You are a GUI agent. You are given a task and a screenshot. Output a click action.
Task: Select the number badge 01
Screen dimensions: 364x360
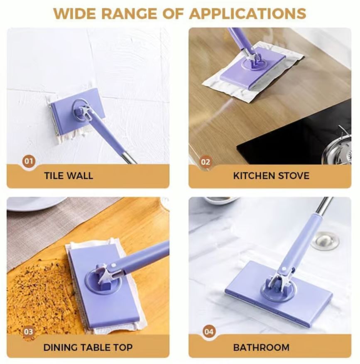coord(29,161)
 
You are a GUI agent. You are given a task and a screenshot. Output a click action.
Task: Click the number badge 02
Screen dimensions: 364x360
coord(206,162)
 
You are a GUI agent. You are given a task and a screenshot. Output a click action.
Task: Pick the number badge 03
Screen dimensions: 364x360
coord(28,332)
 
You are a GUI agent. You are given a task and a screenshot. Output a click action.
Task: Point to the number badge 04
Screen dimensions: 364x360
coord(209,332)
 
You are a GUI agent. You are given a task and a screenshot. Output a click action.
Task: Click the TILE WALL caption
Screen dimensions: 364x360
coord(69,175)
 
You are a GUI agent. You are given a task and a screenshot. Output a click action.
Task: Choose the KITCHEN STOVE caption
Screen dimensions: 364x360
coord(271,175)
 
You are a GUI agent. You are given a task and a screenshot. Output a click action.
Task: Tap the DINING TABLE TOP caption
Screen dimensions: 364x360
coord(88,347)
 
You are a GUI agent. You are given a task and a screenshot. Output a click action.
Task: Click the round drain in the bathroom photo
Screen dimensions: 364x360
coord(325,240)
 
